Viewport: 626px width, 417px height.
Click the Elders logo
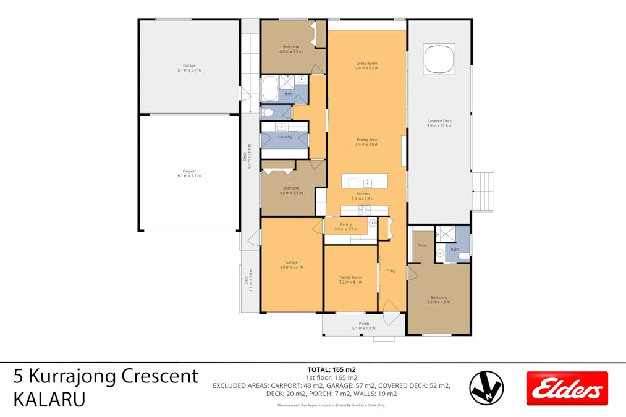tap(567, 388)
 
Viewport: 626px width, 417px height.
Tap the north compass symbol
tap(486, 388)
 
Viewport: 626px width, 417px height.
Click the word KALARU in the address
tap(49, 399)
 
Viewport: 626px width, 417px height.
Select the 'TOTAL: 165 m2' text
tap(331, 369)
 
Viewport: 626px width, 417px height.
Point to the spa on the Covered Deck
tap(439, 59)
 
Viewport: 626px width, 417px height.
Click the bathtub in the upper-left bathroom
tap(270, 89)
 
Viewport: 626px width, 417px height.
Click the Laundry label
tap(285, 137)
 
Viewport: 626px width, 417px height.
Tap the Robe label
tap(422, 245)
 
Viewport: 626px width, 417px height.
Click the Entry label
tap(391, 271)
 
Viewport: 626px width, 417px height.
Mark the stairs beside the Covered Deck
tap(483, 191)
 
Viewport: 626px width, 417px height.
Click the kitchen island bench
tap(365, 181)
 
